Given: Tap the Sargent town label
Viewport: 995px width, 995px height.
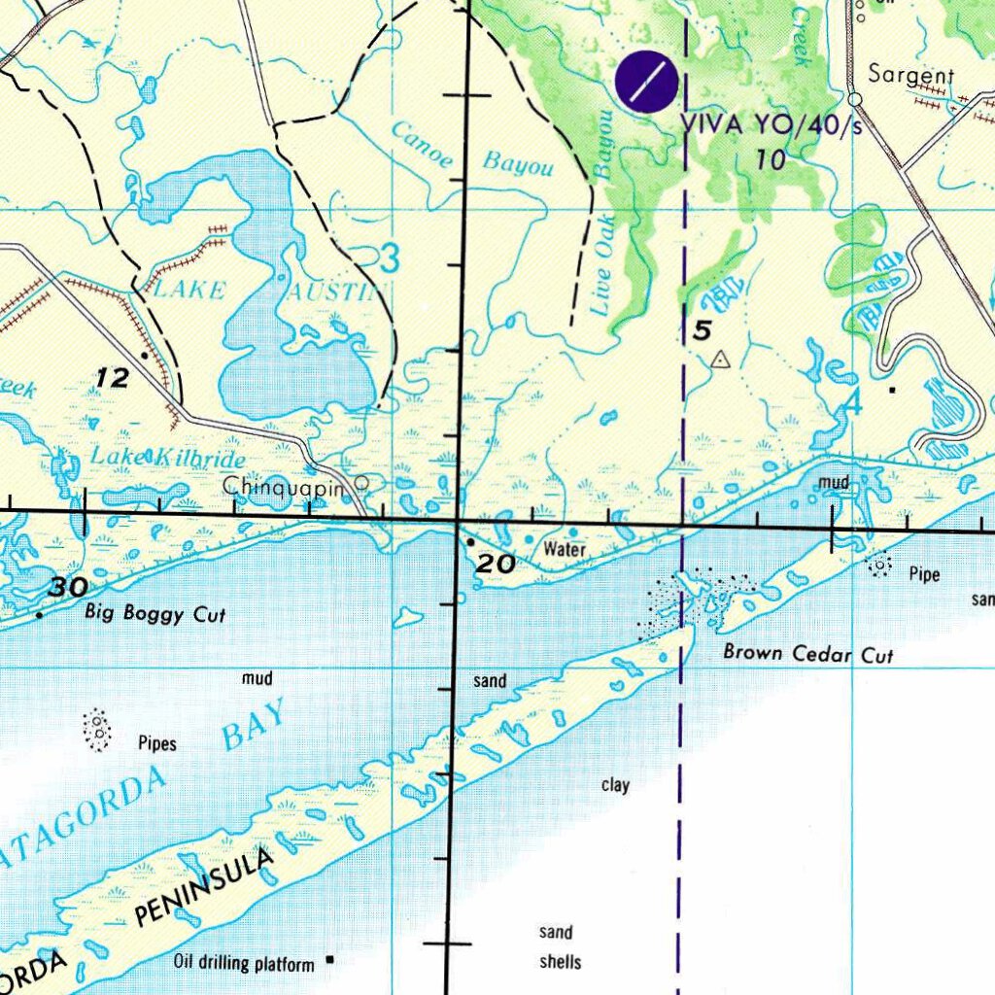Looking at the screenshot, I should (910, 75).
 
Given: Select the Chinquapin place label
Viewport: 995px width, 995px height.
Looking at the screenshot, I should (283, 486).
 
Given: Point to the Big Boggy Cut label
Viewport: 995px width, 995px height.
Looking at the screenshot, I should (154, 613).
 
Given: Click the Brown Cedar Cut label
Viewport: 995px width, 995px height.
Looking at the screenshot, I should (807, 654).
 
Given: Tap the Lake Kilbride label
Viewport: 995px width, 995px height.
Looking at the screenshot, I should (167, 457).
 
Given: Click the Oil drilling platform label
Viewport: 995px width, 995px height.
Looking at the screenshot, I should (244, 964).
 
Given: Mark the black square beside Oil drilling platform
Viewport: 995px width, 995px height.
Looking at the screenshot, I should (330, 960).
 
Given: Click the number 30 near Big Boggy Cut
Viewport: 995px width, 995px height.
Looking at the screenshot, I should (68, 587).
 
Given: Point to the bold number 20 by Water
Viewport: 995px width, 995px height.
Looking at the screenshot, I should (495, 563).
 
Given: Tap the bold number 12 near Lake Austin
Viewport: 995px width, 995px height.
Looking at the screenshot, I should (113, 378).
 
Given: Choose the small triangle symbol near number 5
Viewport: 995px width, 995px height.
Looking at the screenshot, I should (719, 360).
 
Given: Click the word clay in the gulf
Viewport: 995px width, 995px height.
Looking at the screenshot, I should (615, 785).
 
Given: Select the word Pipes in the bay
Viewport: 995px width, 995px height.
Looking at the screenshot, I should (156, 744).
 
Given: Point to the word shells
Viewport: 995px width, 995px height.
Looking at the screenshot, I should (560, 962).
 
